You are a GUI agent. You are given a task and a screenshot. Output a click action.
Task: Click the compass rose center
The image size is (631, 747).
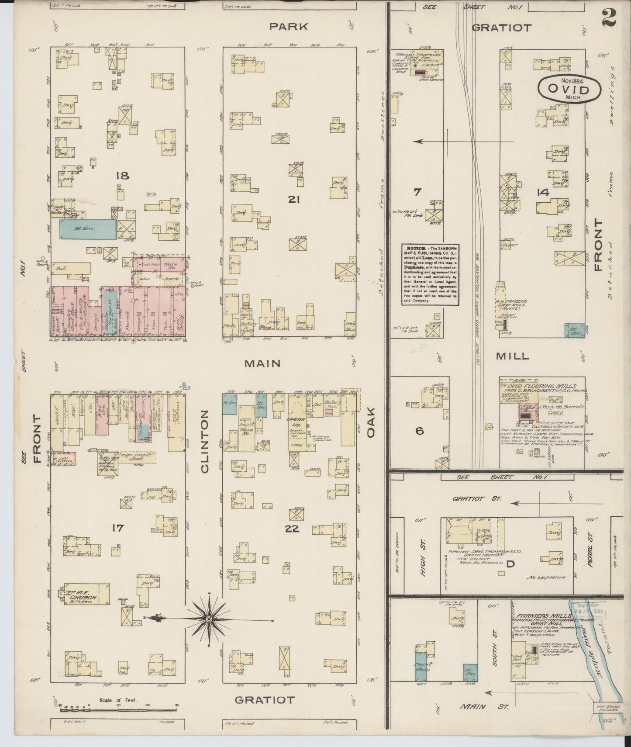pos(209,619)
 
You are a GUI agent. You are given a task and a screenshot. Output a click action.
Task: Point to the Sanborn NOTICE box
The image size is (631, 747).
pos(430,274)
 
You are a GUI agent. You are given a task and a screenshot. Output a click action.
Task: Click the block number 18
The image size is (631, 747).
pos(123,176)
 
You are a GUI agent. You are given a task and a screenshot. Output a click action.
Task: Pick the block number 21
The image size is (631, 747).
pos(293,199)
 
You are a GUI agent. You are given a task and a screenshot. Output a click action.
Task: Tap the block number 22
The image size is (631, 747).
pos(292,529)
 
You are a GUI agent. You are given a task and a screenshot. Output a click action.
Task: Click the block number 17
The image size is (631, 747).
pos(117,528)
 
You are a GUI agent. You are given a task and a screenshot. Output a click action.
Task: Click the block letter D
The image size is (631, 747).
pos(510,564)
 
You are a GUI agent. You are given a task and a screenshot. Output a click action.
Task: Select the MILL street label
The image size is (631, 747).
pos(513,356)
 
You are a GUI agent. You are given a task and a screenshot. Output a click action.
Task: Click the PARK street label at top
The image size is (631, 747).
pos(288,27)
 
